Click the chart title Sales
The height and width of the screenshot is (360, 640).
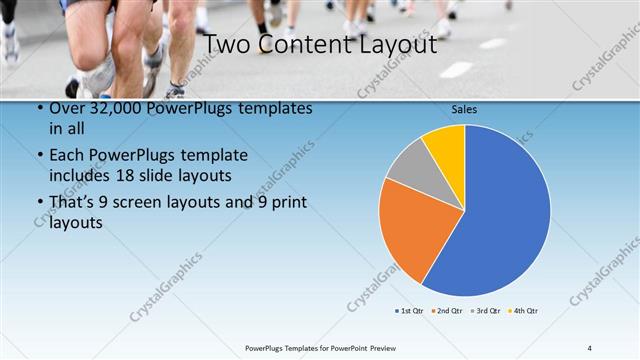point(465,108)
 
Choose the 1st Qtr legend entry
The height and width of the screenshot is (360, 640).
point(411,311)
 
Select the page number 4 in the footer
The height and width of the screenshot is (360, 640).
point(590,347)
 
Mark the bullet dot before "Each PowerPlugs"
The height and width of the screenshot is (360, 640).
point(39,156)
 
